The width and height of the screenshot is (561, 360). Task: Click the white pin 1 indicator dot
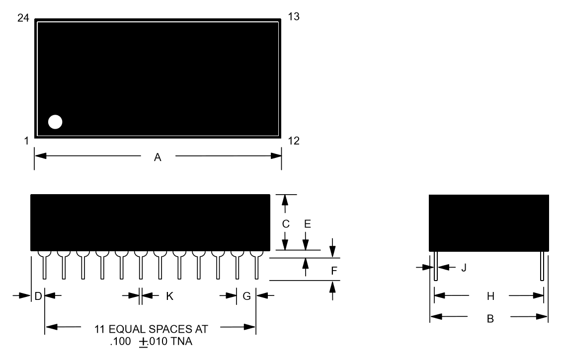tap(55, 122)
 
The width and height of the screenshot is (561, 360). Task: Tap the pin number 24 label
tap(23, 18)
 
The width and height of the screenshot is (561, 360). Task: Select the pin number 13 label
tap(294, 16)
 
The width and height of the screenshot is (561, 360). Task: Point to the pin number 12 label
tap(294, 141)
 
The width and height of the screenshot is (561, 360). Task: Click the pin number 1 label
tap(26, 141)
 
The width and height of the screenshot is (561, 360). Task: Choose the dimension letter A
tap(158, 157)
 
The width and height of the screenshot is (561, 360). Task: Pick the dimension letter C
tap(286, 224)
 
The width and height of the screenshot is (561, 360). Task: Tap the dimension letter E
tap(308, 224)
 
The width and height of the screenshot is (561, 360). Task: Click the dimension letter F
tap(334, 271)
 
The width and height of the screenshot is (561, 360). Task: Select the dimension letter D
tap(38, 296)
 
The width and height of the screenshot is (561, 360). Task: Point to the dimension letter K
tap(169, 296)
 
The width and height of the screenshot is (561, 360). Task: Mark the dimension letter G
tap(246, 296)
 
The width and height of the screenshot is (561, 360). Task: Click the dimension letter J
tap(464, 268)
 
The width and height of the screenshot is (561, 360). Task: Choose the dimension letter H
tap(490, 296)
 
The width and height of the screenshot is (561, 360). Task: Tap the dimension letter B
tap(490, 318)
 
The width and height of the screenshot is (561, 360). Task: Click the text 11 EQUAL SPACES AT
tap(151, 329)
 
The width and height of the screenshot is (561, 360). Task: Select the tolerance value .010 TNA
tap(170, 342)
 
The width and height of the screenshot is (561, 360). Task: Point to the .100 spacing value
tap(121, 342)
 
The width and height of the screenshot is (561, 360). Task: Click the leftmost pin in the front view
tap(44, 265)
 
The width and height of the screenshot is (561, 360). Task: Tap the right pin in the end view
tap(542, 266)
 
